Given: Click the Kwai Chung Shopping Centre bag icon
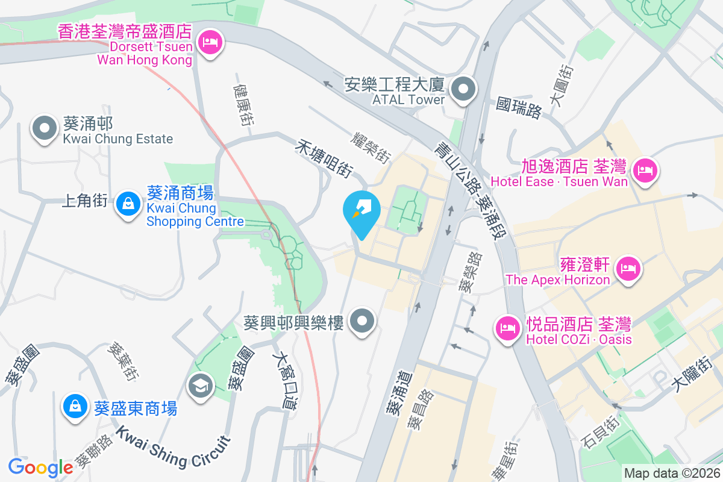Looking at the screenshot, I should (128, 204).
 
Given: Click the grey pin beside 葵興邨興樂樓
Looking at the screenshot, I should (363, 321).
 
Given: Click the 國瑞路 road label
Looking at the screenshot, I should (519, 108).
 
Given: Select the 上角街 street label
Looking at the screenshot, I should (84, 200).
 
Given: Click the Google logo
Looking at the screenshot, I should (40, 468).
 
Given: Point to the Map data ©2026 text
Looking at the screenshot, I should (671, 474).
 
